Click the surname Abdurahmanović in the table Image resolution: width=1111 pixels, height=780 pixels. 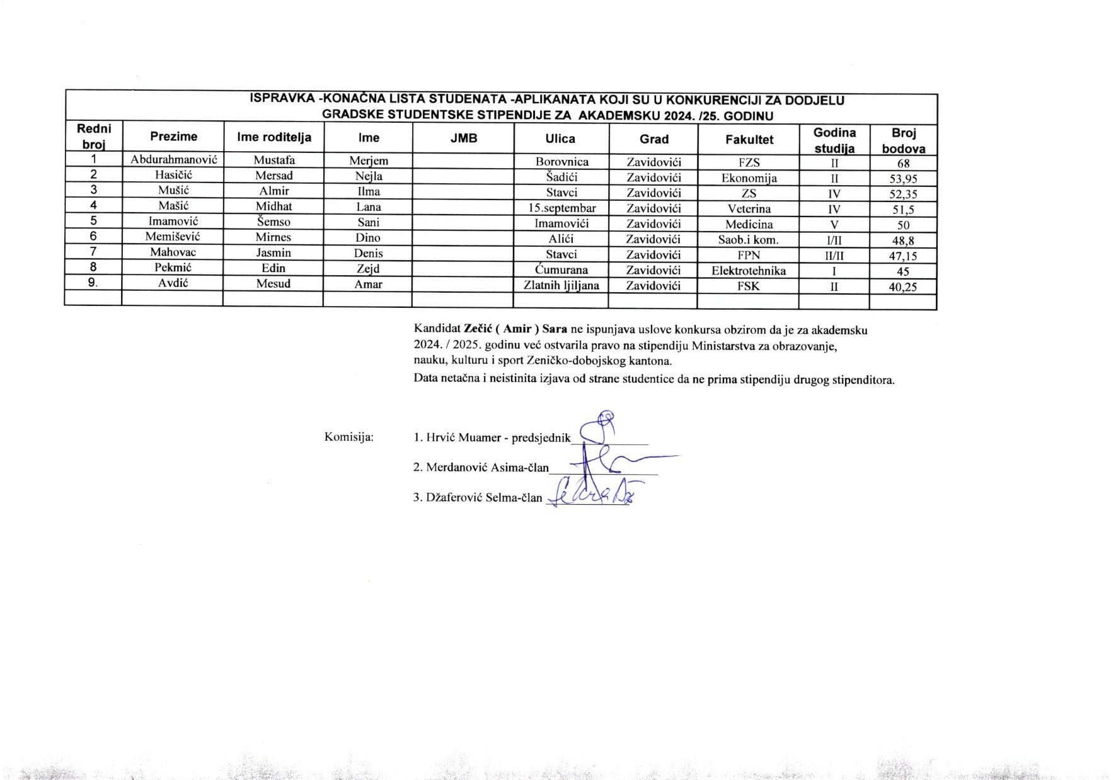tap(173, 160)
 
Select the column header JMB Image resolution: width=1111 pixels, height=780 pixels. tap(464, 138)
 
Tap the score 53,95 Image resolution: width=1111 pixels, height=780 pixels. tap(903, 179)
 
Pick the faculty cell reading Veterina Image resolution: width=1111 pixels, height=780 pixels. tap(749, 208)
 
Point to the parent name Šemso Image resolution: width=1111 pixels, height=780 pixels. tap(273, 222)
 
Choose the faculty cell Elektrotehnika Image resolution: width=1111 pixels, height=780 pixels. tap(749, 271)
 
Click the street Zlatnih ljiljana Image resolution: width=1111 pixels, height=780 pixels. tap(561, 285)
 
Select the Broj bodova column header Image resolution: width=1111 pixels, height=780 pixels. tap(903, 140)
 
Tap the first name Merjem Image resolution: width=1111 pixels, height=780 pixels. tap(369, 161)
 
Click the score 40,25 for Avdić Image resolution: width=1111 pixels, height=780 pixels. tap(903, 287)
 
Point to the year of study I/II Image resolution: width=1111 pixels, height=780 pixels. tap(834, 240)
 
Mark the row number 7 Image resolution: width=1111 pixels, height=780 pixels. tap(93, 252)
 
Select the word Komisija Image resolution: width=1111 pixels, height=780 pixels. tap(348, 436)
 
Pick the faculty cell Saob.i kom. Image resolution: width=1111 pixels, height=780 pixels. tap(748, 239)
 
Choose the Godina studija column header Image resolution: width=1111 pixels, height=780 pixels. tap(834, 140)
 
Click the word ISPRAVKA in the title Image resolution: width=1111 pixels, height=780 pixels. tap(282, 99)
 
